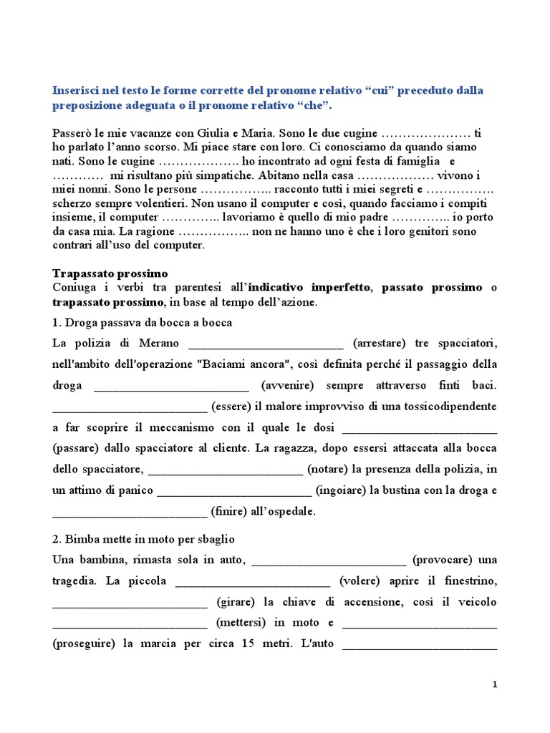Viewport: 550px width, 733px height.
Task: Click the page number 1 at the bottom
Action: [494, 684]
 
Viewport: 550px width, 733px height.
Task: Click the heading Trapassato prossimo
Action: [110, 273]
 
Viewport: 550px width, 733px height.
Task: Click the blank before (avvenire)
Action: [171, 385]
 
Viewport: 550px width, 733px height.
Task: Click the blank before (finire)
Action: [130, 512]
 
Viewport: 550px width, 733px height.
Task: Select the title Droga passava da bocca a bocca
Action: [143, 323]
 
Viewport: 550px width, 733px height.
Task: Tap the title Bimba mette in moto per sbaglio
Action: [144, 538]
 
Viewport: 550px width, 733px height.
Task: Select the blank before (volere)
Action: [252, 581]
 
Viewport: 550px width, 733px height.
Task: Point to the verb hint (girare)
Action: [237, 602]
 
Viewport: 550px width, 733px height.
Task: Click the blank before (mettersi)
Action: [130, 623]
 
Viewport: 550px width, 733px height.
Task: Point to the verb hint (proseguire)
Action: [85, 644]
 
